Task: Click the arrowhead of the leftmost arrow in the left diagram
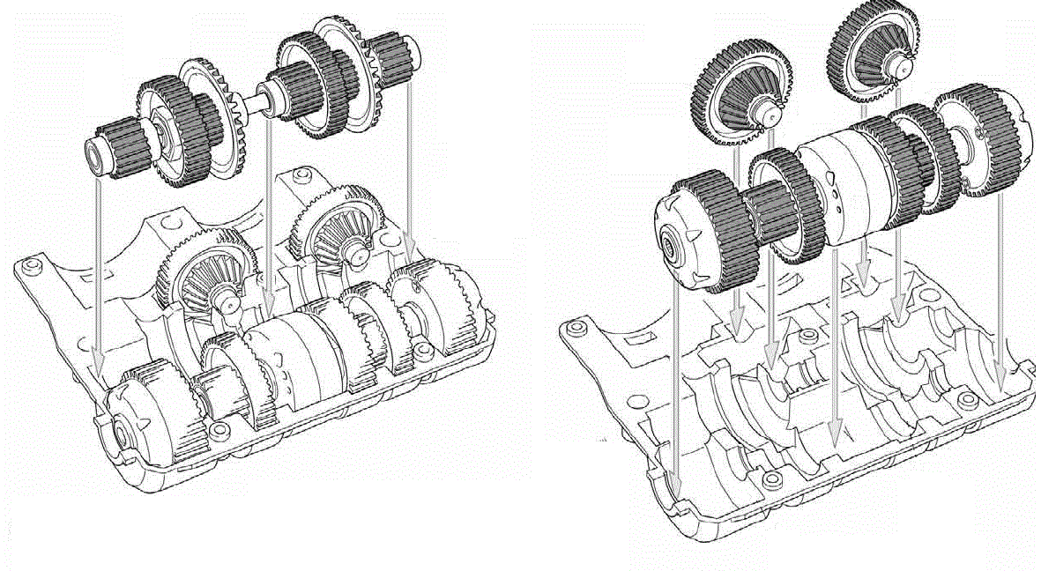coord(99,360)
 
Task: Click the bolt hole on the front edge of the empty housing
coord(773,479)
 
